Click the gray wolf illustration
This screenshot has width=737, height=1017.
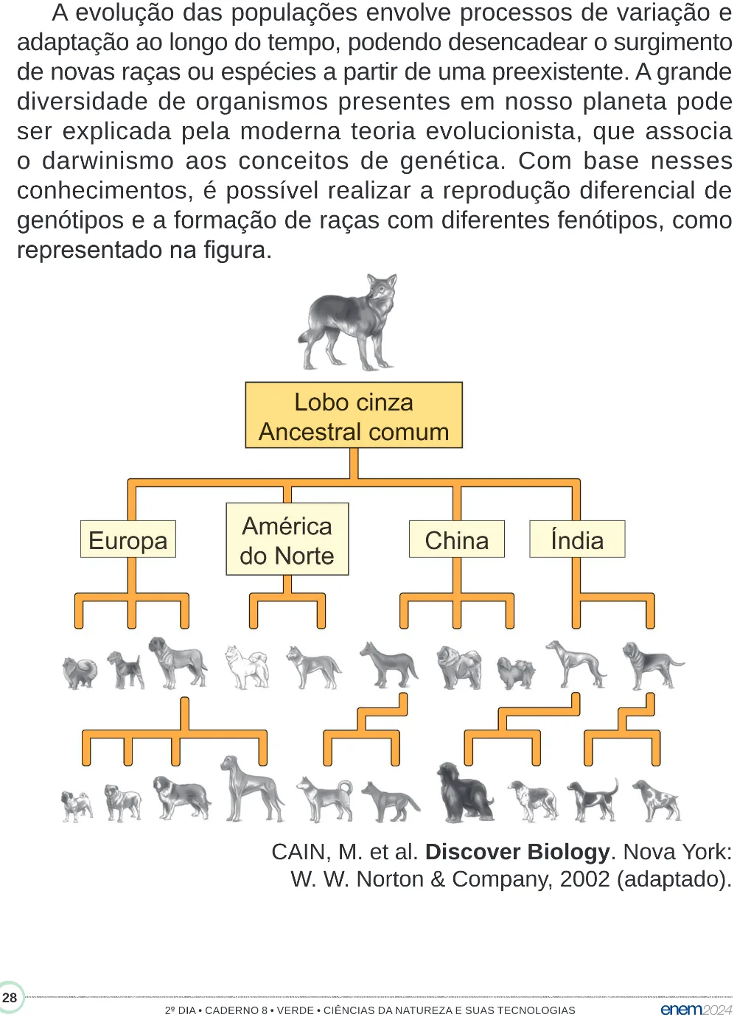coord(347,321)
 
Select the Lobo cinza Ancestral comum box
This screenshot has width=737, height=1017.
coord(354,415)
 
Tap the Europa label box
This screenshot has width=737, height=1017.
coord(128,539)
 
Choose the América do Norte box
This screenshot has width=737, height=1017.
coord(287,539)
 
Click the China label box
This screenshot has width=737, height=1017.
coord(457,539)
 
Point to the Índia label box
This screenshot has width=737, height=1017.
coord(577,539)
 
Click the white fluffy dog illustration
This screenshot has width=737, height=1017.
coord(247,666)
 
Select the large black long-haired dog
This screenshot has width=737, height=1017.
coord(464,792)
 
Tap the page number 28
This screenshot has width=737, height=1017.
coord(10,998)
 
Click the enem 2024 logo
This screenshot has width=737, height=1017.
coord(696,1010)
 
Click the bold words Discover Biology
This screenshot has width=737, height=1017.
coord(517,852)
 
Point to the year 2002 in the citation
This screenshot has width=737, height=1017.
coord(585,879)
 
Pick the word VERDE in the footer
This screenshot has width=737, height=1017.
coord(295,1010)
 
